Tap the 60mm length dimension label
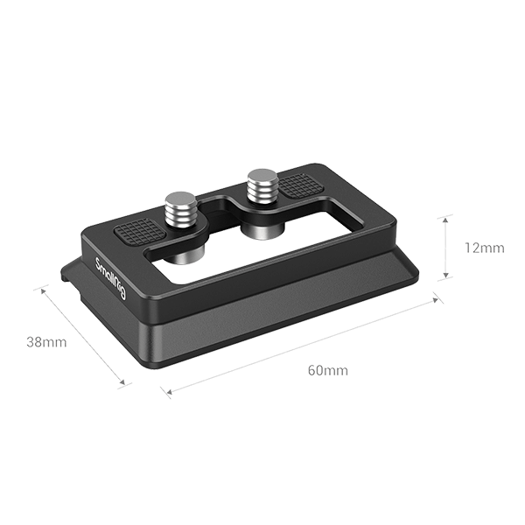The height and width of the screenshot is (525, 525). pos(327,370)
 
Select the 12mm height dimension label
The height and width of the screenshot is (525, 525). pos(483,248)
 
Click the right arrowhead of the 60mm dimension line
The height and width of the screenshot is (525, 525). pos(437,300)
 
